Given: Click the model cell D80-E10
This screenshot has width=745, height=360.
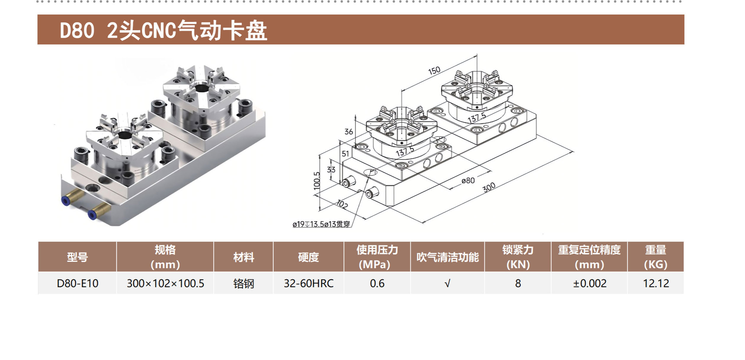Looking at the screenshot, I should [77, 284].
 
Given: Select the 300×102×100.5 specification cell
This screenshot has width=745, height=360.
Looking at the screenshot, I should [165, 284].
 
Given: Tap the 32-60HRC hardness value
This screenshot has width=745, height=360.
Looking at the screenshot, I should [308, 284].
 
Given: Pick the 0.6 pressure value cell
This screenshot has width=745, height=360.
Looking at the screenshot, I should [377, 284].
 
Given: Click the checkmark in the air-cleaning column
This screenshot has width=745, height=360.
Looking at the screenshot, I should [447, 284].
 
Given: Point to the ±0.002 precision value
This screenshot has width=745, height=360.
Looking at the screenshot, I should [589, 284].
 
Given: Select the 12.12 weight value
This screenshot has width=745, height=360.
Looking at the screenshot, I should [656, 284].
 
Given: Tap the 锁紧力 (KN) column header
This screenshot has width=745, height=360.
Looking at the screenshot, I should [518, 257].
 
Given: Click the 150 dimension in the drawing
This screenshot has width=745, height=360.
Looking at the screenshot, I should [434, 71].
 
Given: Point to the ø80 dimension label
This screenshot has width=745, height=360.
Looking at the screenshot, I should [468, 181].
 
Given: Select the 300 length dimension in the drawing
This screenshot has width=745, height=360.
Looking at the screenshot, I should [489, 187].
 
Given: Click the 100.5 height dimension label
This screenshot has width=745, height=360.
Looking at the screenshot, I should [317, 181].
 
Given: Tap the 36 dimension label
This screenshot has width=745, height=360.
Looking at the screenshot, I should [349, 132].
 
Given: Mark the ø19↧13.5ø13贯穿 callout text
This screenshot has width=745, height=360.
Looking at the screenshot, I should [321, 224].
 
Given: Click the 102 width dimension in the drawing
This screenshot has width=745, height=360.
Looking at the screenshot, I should [342, 204].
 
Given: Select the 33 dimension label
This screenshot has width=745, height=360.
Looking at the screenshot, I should [331, 170].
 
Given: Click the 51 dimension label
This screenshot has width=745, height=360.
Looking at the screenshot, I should [345, 154].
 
